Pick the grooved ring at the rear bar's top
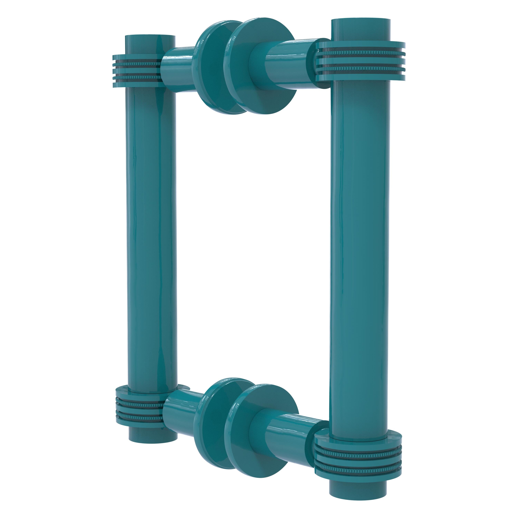[x=137, y=71]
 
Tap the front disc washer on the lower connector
[x=261, y=426]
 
